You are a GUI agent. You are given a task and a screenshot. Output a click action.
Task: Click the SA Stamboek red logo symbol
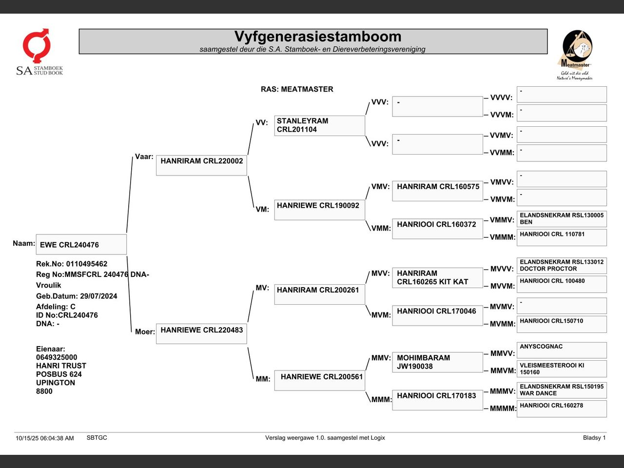(x=37, y=45)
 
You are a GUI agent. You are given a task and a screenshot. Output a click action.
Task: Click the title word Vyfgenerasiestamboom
(x=318, y=37)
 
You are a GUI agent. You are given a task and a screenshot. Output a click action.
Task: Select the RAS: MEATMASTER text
(x=297, y=89)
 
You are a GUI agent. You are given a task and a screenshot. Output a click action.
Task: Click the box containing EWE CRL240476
(x=81, y=244)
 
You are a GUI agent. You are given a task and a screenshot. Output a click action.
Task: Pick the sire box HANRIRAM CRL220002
(x=201, y=165)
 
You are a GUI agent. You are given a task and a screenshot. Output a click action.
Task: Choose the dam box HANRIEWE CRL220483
(x=201, y=333)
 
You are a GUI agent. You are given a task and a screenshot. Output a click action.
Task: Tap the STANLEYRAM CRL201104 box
(x=319, y=126)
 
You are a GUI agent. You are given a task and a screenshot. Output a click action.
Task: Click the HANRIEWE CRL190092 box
(x=319, y=210)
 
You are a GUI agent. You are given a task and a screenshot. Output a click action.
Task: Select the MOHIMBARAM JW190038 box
(x=437, y=362)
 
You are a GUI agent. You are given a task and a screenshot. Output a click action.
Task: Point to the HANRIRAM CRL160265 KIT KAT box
(x=437, y=277)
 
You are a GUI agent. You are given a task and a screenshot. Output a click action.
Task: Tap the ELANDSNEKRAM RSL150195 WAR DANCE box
(x=562, y=390)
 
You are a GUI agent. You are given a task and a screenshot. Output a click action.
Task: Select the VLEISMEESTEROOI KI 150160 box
(x=562, y=369)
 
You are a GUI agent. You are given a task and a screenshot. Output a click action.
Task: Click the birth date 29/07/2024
(x=98, y=296)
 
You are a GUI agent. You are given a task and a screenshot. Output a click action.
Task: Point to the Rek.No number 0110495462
(x=87, y=264)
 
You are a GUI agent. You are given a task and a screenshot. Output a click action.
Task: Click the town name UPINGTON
(x=56, y=383)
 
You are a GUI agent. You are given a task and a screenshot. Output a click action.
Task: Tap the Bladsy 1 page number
(x=594, y=438)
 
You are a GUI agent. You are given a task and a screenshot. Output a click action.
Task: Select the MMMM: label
(x=503, y=409)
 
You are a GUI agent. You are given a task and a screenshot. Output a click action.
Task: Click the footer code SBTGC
(x=97, y=438)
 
